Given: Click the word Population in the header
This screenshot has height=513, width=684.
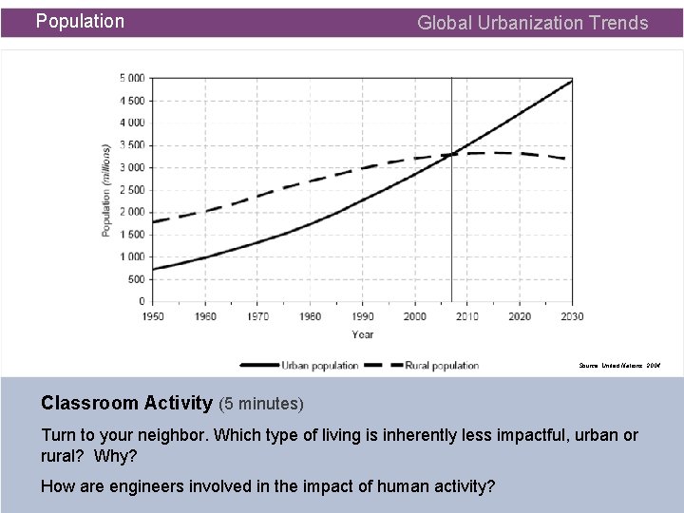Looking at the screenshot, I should coord(80,21).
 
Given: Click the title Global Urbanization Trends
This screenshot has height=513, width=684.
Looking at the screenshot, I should coord(533,23).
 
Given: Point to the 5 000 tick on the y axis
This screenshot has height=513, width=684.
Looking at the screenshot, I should coord(132,78).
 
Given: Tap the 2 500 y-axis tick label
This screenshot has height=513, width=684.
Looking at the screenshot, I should coord(132,189).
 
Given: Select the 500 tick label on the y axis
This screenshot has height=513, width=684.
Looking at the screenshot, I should coord(137,278).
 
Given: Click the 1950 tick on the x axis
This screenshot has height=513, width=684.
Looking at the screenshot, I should coord(152,316).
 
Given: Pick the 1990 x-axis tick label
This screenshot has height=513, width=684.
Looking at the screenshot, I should coord(362,316).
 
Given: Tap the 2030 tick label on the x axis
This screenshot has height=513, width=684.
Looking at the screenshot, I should coord(572,316).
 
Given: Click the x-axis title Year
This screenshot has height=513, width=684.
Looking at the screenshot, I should coord(362,334).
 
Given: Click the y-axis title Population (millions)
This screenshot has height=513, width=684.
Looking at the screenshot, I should coord(106,190).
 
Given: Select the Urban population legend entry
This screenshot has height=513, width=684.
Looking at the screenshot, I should coord(319,365).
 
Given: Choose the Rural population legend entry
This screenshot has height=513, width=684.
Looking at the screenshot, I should coord(441,365).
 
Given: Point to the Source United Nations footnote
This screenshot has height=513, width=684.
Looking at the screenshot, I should coord(620,365).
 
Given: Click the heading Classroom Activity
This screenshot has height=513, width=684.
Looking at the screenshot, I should coord(126,403).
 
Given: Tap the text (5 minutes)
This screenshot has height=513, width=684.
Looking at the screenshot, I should coord(261,404).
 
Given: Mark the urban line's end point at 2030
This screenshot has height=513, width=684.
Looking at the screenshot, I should coord(572,80).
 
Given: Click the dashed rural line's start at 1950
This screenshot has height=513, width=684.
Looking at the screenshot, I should coord(152,221).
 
